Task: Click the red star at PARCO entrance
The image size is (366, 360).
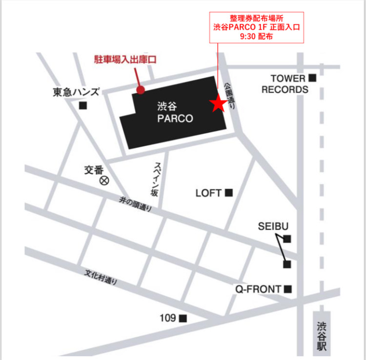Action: [x=217, y=103]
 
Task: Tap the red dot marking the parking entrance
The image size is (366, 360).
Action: [x=141, y=90]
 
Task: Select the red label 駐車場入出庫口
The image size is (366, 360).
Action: [x=124, y=60]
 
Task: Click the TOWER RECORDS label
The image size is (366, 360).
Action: [x=285, y=83]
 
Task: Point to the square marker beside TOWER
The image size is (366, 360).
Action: [x=312, y=78]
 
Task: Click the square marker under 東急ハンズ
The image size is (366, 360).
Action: [x=83, y=105]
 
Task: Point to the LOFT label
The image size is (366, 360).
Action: [x=209, y=193]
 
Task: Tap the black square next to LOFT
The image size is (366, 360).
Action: [x=228, y=193]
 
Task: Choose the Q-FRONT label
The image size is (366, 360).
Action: [x=258, y=289]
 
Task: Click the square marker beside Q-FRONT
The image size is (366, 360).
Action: [x=288, y=289]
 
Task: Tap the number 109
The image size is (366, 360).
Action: [x=167, y=318]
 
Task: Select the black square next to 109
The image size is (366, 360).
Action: [x=183, y=319]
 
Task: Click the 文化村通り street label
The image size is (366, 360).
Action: [x=101, y=277]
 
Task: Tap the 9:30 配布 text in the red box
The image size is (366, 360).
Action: [x=257, y=36]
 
